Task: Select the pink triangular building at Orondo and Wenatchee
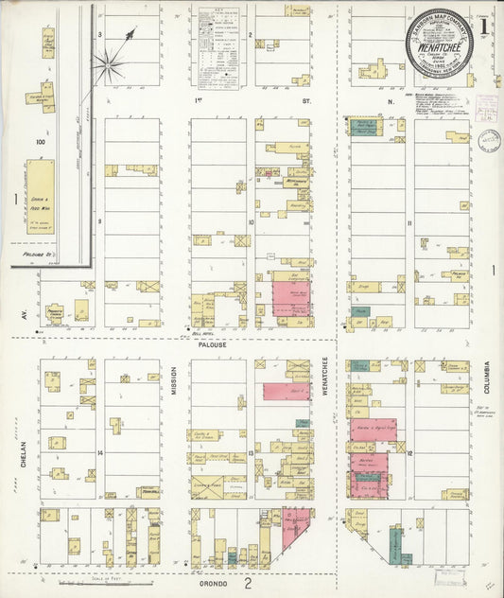tap(296, 530)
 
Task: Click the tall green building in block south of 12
tap(393, 545)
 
